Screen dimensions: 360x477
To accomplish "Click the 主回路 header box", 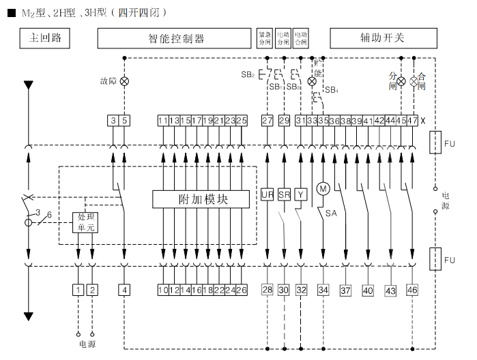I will click(x=46, y=38).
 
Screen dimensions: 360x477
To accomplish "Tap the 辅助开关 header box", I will click(x=383, y=38).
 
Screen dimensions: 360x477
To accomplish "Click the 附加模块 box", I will click(x=203, y=199).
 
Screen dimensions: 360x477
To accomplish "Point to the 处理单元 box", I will click(x=85, y=223).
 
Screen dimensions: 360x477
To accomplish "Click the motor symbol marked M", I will click(x=323, y=188).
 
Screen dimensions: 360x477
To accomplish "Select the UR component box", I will click(x=267, y=195).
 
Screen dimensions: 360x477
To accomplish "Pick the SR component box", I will click(x=284, y=195).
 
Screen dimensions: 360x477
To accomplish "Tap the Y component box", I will click(x=301, y=195).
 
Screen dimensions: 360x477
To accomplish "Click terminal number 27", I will click(x=267, y=121).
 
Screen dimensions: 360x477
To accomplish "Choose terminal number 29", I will click(x=284, y=121).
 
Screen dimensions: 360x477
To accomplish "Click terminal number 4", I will click(x=124, y=290).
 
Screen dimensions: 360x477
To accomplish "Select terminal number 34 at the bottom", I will click(x=323, y=290).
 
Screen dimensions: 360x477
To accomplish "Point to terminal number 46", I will click(x=412, y=290).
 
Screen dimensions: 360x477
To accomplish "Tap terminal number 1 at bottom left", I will click(x=78, y=290).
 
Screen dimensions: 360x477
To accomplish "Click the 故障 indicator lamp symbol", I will click(x=124, y=81).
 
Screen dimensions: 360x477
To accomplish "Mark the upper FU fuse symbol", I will click(x=434, y=144).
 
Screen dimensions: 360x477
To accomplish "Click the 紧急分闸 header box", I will click(x=264, y=38).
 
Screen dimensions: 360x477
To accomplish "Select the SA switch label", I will click(x=331, y=213).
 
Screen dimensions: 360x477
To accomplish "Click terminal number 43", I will click(x=390, y=290).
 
